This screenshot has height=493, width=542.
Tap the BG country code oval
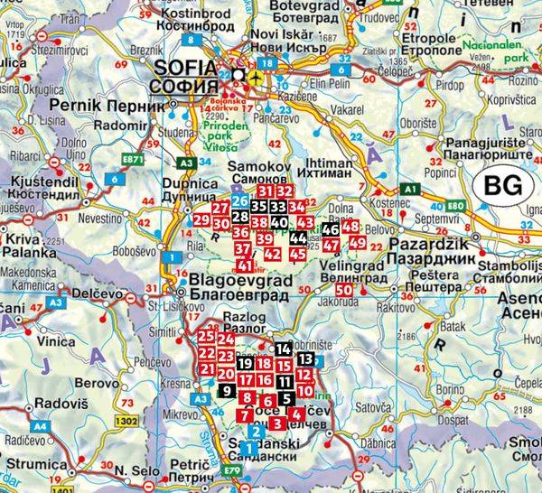pos(501,188)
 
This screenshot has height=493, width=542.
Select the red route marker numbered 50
pos(343,290)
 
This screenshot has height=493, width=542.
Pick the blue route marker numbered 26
pos(239,200)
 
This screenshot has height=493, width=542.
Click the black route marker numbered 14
pos(284,349)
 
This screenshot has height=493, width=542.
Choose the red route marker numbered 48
pos(351,227)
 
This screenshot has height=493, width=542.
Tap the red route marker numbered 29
pos(201,219)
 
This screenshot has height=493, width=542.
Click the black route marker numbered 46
pos(329,229)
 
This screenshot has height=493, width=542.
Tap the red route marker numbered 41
pos(245,265)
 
